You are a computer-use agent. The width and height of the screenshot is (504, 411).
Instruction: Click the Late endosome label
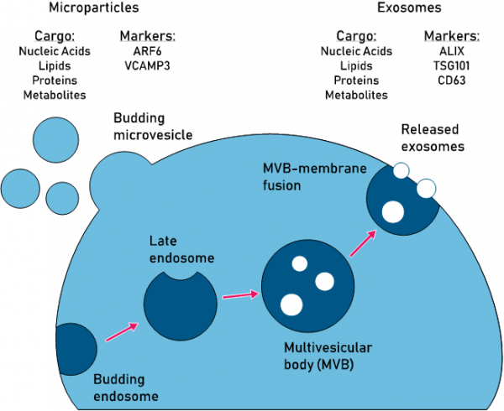[181, 249]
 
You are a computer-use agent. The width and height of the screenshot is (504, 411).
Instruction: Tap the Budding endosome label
[125, 388]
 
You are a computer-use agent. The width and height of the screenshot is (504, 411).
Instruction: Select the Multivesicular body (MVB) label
[328, 356]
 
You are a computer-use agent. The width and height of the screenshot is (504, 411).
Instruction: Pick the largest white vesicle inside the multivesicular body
[291, 304]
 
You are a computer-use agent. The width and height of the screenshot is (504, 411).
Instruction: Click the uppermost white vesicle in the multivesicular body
[299, 263]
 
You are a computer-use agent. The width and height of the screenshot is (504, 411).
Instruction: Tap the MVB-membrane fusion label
[315, 177]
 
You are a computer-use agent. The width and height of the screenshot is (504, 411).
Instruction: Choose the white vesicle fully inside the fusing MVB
[392, 212]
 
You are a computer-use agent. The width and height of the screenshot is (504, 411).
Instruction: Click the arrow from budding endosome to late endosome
[122, 332]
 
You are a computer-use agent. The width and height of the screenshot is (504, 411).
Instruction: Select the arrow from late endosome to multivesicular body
[239, 295]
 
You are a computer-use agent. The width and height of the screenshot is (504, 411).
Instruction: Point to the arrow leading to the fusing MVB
[362, 244]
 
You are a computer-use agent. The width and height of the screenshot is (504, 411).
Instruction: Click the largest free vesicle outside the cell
[55, 141]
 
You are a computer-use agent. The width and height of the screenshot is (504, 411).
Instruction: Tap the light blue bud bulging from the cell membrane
[121, 181]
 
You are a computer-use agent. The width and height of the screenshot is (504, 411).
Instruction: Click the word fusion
[281, 185]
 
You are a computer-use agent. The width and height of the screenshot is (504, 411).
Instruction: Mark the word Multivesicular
[328, 347]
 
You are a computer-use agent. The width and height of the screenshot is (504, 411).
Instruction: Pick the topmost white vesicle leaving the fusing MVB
[402, 170]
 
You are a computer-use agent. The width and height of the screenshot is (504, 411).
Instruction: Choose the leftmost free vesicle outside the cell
[21, 189]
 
